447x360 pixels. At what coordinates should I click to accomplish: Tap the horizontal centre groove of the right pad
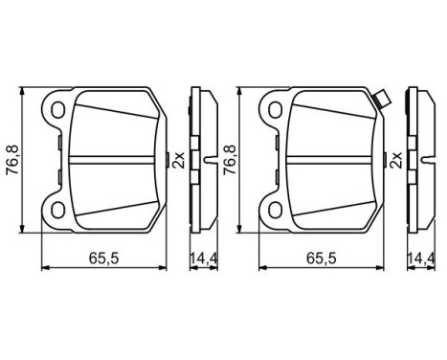click(x=330, y=157)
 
